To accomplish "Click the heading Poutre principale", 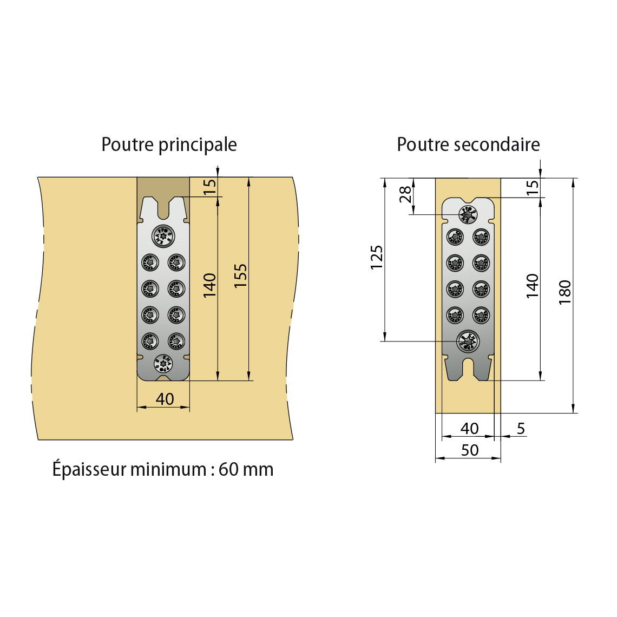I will pos(169,145).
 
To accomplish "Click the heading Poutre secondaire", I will pos(468,145).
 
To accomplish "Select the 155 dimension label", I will pos(240,275).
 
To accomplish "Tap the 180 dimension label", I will pos(565,292).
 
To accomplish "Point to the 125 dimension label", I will pos(376,258).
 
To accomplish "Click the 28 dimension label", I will pos(405,194).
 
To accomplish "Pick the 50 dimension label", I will pos(470,450).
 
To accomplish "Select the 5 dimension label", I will pos(521,429).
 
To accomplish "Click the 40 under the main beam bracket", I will pos(165,399).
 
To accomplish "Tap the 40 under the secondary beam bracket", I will pos(469,429).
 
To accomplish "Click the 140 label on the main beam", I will pos(209,285).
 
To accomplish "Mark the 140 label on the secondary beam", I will pos(533,286).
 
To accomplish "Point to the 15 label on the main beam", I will pos(210,186).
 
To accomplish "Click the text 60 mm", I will pos(246,469).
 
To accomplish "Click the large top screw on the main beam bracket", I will pos(163,237).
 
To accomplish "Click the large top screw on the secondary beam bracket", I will pos(468,214).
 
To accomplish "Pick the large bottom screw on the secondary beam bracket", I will pos(468,340).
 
